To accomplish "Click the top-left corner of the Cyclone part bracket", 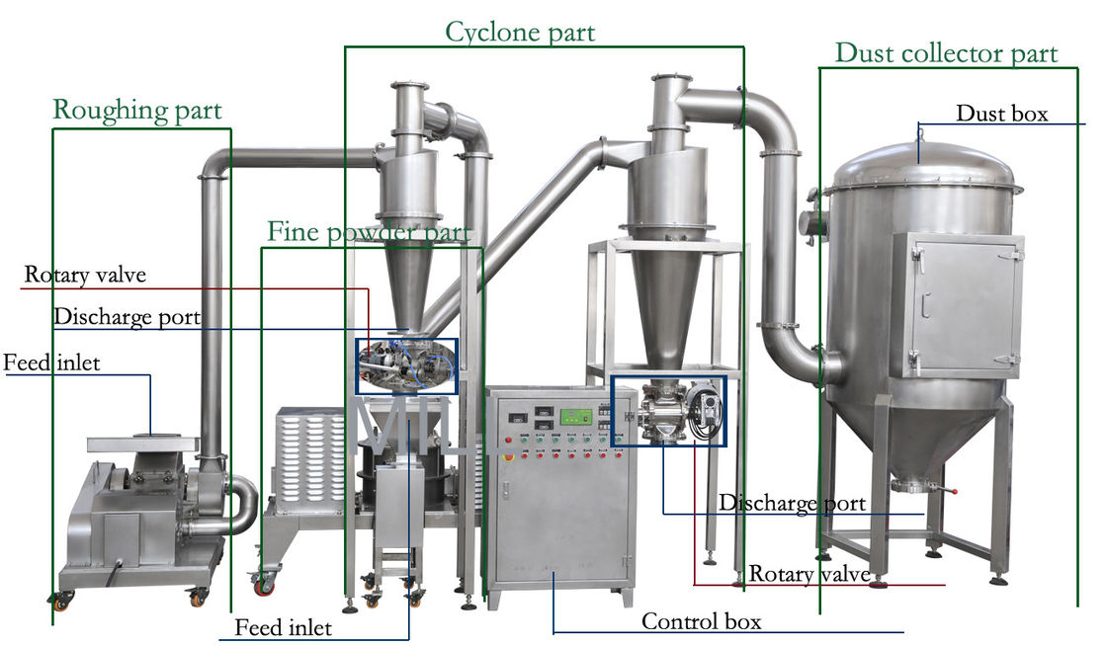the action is (x=345, y=47).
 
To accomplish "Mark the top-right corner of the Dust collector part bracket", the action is (x=1077, y=68).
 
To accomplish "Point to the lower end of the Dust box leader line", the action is (x=918, y=163).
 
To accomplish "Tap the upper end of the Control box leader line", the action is (x=553, y=573).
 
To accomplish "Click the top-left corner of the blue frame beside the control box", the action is (x=612, y=376).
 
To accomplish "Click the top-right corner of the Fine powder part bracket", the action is (x=483, y=248).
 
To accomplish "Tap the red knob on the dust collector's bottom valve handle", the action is (x=955, y=492).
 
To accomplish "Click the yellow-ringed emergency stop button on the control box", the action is (x=507, y=456).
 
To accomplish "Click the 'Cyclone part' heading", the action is (x=520, y=32).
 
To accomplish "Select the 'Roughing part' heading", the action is (x=137, y=111).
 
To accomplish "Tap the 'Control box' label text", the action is (x=701, y=621).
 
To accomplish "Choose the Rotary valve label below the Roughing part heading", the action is (x=85, y=275).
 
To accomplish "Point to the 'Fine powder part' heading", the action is (x=369, y=232).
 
